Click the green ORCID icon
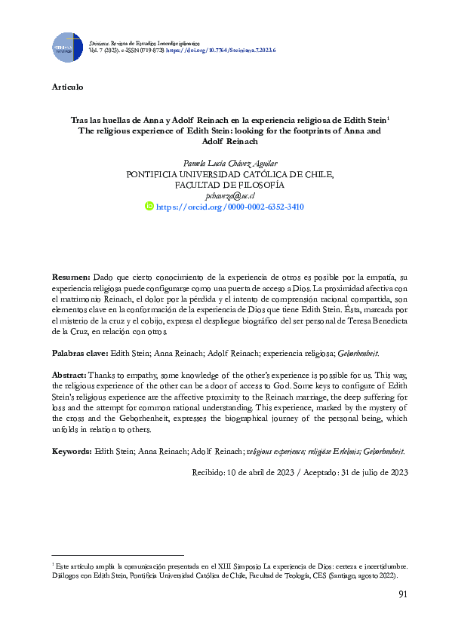pos(149,206)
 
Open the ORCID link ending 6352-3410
pos(235,206)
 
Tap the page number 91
pos(402,596)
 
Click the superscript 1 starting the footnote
pos(53,563)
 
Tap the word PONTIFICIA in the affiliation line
pos(158,173)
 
